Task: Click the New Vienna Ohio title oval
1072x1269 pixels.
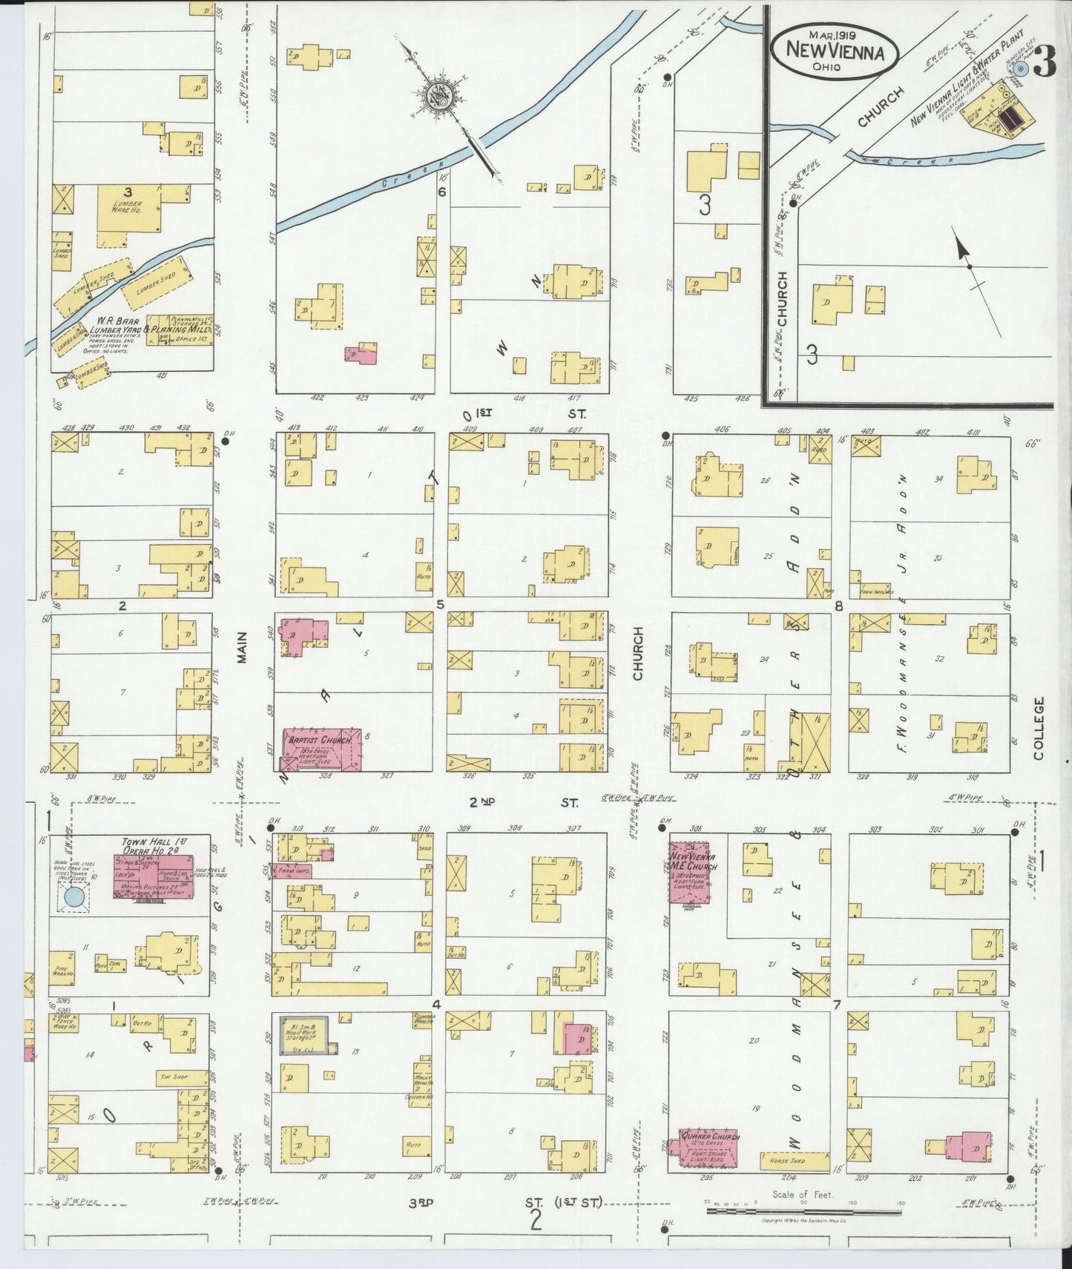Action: coord(835,52)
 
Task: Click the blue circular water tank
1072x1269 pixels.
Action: coord(73,896)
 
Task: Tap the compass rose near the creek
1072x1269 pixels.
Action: coord(436,96)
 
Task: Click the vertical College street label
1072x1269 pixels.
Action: coord(1036,728)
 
